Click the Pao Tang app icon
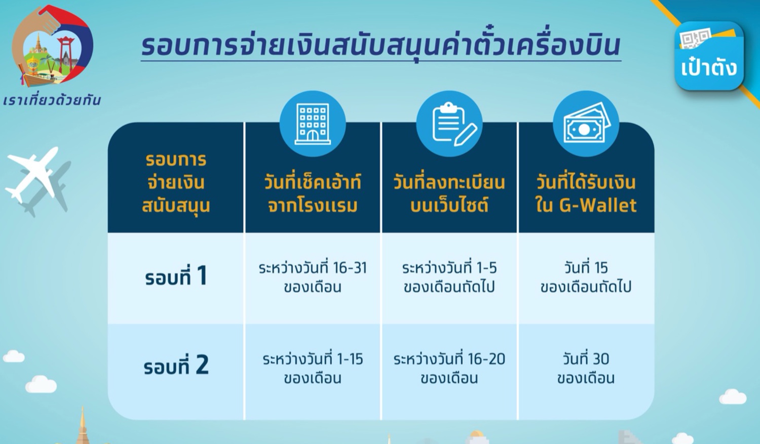click(x=709, y=56)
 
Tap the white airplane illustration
click(x=32, y=174)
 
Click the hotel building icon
click(x=313, y=124)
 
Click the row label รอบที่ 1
click(x=176, y=276)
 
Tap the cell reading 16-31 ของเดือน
click(x=313, y=277)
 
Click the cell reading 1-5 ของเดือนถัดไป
click(x=449, y=277)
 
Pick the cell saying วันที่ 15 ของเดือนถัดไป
click(x=586, y=277)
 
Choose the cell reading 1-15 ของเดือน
click(x=313, y=369)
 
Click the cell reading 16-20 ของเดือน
click(x=449, y=369)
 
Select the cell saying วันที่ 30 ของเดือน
click(x=586, y=369)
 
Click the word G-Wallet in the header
click(x=598, y=206)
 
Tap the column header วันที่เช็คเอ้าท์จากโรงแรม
click(x=313, y=193)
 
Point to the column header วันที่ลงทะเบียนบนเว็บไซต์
click(x=449, y=193)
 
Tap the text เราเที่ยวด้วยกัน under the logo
click(x=52, y=100)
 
